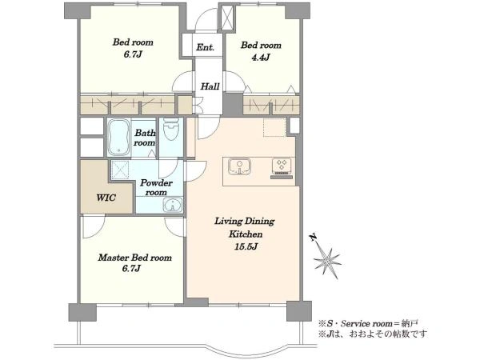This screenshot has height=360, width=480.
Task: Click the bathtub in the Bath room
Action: pos(119,138)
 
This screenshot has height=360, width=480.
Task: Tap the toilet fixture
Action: pos(170,130)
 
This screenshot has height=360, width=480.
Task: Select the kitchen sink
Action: pos(239,166)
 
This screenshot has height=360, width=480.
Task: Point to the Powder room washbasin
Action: pos(173,205)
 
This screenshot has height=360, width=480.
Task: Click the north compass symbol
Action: pos(326,257)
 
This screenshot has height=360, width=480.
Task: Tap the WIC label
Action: pos(106,198)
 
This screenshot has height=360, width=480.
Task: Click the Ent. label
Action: pos(205,47)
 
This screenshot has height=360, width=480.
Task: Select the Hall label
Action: pos(210,86)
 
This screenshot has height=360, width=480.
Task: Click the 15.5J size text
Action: pos(246,246)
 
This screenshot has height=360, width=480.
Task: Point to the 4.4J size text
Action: pos(261,57)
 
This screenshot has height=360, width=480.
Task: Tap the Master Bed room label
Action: pos(134,258)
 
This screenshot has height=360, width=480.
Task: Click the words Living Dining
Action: pos(244,221)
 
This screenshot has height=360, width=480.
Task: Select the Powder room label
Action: pos(156,187)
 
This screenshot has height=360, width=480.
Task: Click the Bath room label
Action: pos(145,138)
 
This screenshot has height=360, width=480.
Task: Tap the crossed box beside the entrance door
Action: pos(227,18)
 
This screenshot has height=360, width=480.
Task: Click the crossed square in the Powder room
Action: pos(120,170)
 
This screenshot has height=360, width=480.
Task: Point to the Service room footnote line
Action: pos(369,323)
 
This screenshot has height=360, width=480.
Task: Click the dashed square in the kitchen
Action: pos(274,127)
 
